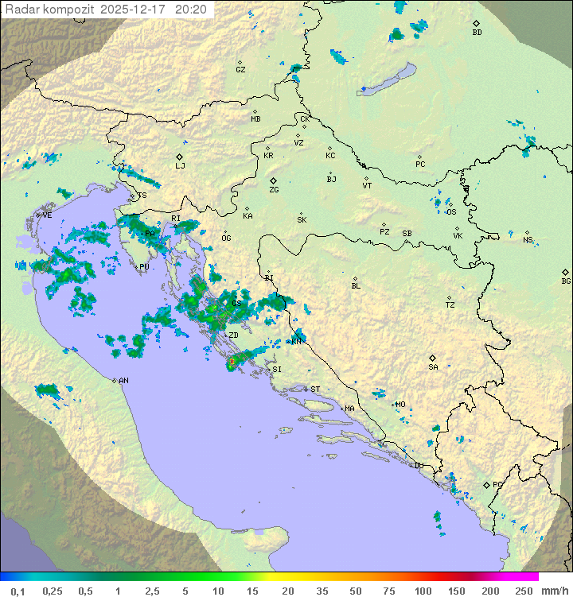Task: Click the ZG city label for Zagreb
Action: point(274,190)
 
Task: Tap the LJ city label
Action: point(180,165)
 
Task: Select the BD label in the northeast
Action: point(477,33)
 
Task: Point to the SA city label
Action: point(433,366)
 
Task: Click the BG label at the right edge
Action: point(566,281)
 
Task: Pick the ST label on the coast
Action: point(315,390)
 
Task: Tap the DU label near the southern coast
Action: point(419,466)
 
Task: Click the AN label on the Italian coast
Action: point(123,381)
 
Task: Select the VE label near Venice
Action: point(47,215)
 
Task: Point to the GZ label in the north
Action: point(240,69)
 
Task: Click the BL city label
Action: point(356,285)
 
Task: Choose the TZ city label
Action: point(450,304)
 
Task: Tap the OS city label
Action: point(451,212)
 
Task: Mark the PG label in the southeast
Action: point(497,484)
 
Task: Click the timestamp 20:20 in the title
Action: point(191,10)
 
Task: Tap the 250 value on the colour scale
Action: point(523,591)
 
